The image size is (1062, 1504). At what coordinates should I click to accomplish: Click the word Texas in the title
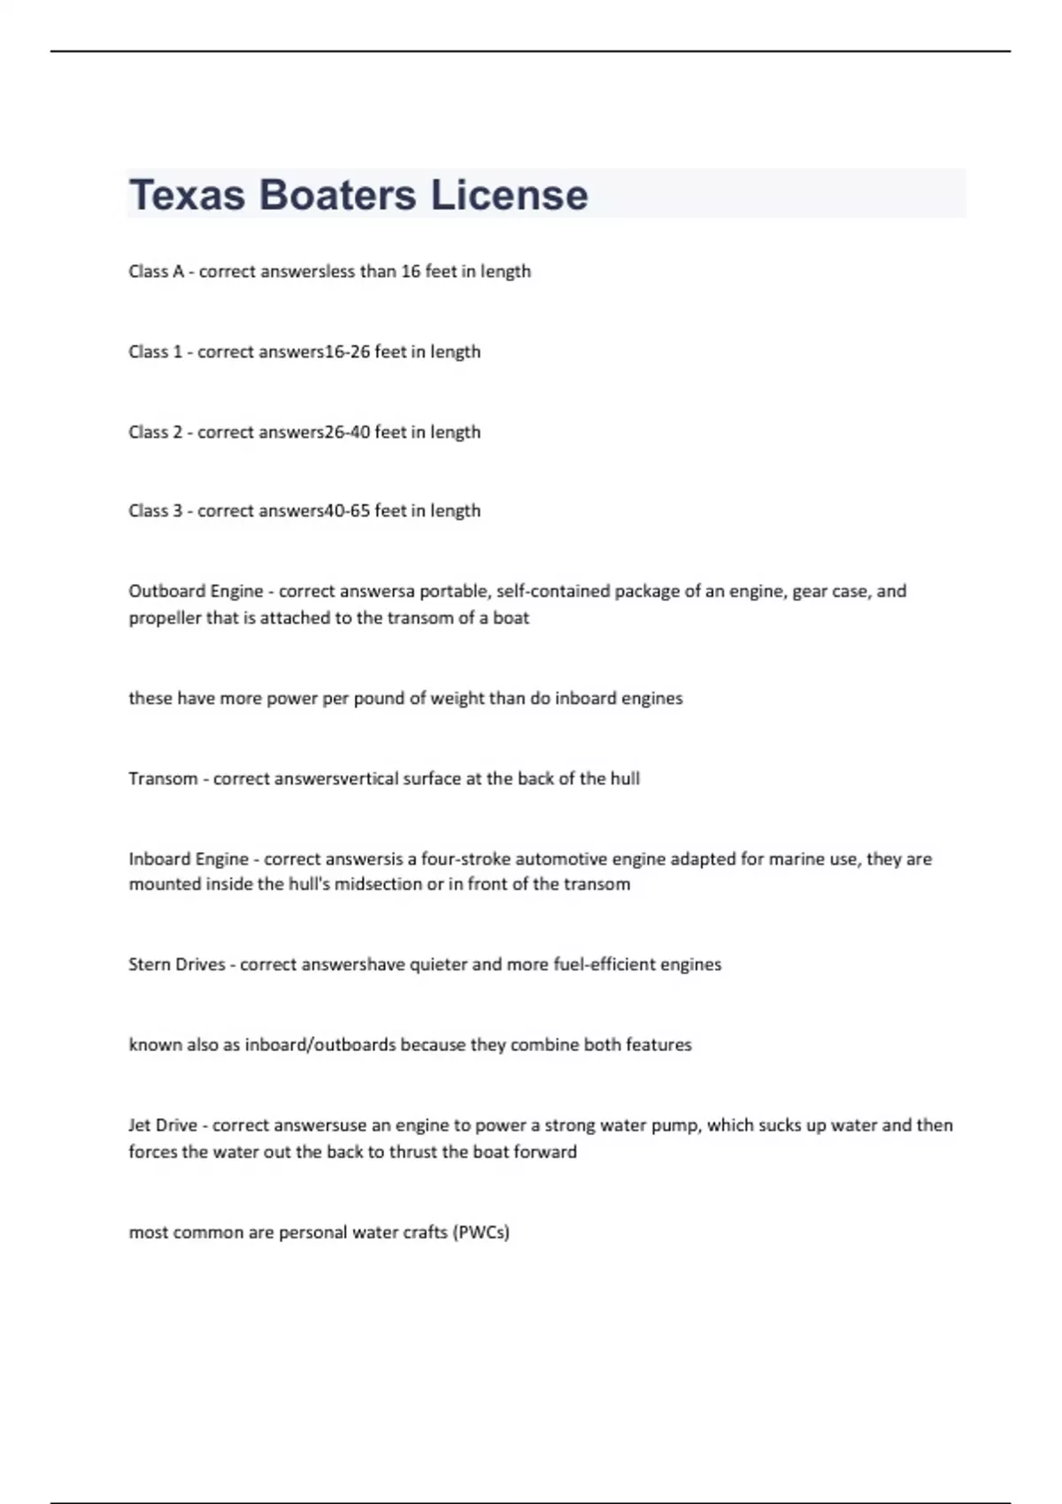187,195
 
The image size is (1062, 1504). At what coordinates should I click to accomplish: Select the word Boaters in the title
337,195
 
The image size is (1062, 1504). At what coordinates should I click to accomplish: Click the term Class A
156,272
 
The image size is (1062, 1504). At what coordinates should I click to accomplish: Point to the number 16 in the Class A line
410,272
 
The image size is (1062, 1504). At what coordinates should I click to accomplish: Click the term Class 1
155,352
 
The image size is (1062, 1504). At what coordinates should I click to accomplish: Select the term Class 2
155,433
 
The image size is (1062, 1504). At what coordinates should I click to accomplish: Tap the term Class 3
155,511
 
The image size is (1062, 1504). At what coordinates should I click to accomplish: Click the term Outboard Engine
196,591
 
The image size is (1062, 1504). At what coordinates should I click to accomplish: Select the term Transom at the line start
163,779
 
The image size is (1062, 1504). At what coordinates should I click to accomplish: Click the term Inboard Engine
189,859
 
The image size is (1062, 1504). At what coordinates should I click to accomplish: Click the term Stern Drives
177,964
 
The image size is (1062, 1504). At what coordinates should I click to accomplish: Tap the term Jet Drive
163,1125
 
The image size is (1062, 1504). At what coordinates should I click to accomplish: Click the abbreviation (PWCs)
481,1232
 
